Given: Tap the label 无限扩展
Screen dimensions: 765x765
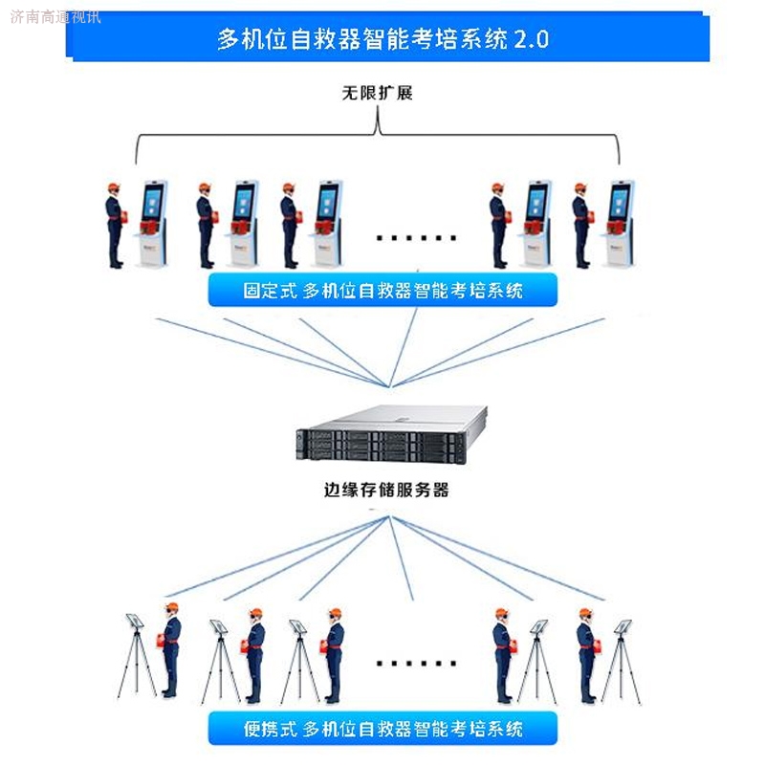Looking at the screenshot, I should click(377, 94).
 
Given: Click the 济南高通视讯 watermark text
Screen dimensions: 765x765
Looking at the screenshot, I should click(55, 16).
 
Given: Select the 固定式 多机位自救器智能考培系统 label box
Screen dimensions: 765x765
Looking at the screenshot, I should click(382, 291).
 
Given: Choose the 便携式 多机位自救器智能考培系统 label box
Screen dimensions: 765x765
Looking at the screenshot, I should click(382, 730).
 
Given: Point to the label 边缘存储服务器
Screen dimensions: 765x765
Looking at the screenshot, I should click(385, 492).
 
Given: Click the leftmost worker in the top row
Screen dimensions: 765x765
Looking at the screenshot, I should click(115, 225).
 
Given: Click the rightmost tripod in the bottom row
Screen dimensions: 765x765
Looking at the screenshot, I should click(621, 660).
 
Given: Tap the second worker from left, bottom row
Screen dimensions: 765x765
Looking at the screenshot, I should click(254, 655).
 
